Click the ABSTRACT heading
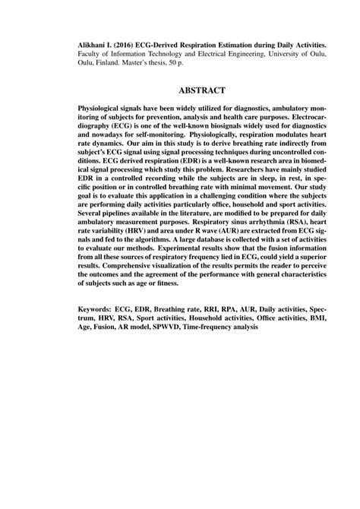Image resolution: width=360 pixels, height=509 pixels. (x=179, y=89)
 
